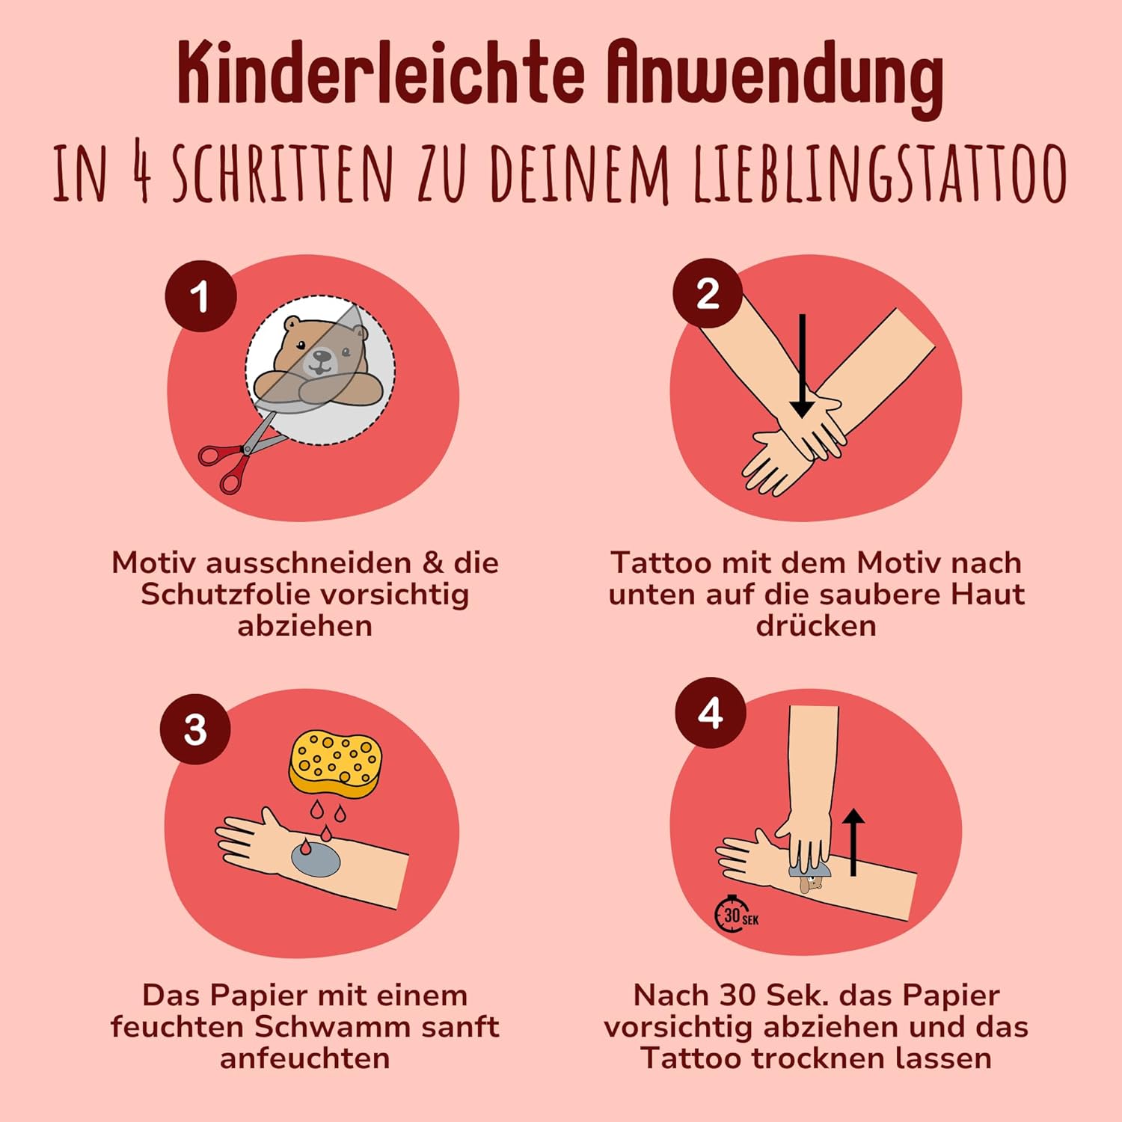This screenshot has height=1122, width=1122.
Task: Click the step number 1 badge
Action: click(x=200, y=296)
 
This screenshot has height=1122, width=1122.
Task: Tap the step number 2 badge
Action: click(x=708, y=293)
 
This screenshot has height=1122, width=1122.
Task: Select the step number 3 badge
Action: click(x=195, y=729)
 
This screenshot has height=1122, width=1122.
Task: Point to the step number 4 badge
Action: click(x=711, y=713)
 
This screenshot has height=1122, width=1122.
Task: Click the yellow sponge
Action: click(x=335, y=764)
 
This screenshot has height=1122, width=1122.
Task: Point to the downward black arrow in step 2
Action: click(x=802, y=366)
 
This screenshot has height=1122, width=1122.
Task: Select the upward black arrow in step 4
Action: click(x=853, y=842)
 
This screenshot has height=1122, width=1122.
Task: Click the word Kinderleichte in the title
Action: click(x=381, y=75)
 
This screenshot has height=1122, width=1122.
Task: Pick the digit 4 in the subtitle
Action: click(x=141, y=171)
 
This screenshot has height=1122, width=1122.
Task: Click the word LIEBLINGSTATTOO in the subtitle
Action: click(x=880, y=174)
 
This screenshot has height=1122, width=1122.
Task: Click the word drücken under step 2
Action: click(x=816, y=625)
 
